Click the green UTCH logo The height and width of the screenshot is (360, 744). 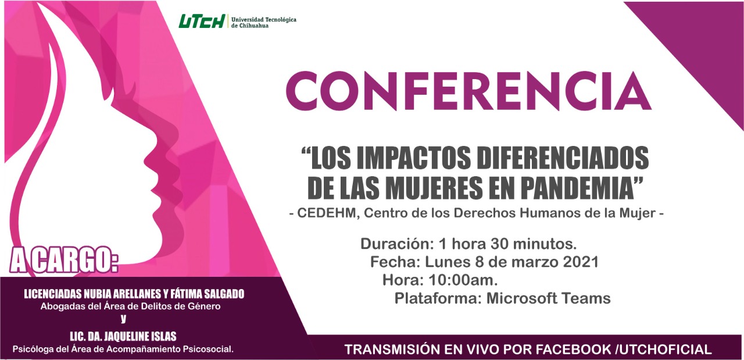point(202,22)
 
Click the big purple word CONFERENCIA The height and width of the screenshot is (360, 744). point(468,90)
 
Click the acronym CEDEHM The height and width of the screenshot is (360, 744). point(326,213)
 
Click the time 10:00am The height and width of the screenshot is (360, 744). point(463,280)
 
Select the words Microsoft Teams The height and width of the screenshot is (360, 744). point(548,298)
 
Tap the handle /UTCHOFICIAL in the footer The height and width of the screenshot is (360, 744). point(664,350)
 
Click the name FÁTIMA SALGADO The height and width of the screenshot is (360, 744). point(208,294)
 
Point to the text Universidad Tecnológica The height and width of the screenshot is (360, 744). point(264,20)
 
